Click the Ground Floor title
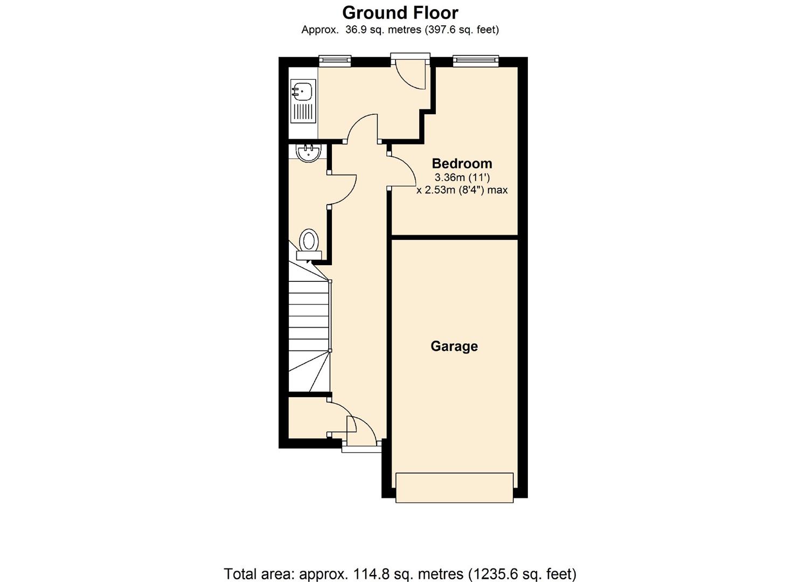click(400, 13)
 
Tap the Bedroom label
click(462, 163)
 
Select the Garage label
click(454, 346)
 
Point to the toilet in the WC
click(309, 244)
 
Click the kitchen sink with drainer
click(303, 101)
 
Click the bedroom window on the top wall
click(475, 61)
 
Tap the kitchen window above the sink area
click(335, 61)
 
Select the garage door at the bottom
click(454, 488)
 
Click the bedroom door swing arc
click(411, 165)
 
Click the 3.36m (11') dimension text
click(462, 178)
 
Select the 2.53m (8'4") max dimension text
click(462, 190)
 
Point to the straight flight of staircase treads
click(309, 316)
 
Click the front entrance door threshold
click(361, 449)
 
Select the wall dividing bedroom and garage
click(455, 237)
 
